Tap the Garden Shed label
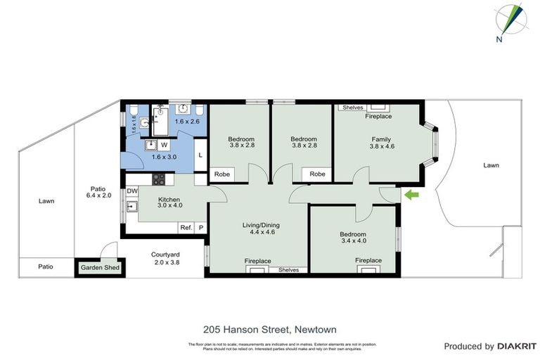[x=100, y=267]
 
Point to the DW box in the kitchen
[x=132, y=191]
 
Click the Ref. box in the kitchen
[x=186, y=227]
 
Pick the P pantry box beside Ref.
[x=200, y=227]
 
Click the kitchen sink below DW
[x=131, y=207]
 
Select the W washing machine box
[x=163, y=145]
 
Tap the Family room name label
[x=381, y=139]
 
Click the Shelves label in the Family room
[x=352, y=108]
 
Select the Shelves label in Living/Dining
[x=288, y=270]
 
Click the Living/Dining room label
[x=262, y=225]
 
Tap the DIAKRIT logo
[x=516, y=346]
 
